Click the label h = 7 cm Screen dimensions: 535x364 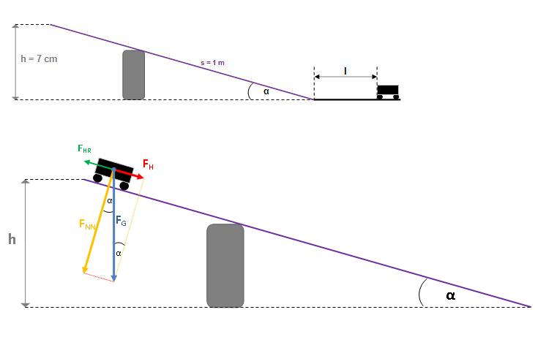[x=39, y=59]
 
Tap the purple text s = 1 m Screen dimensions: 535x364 [x=212, y=63]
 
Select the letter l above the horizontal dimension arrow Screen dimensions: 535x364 [x=345, y=71]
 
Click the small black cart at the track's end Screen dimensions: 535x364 [x=388, y=92]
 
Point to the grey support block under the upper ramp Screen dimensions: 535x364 [x=133, y=75]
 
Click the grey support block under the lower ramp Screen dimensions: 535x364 [x=225, y=265]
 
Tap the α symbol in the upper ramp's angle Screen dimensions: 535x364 [x=266, y=91]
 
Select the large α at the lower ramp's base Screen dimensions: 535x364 [x=450, y=295]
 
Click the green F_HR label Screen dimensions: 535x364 [x=84, y=148]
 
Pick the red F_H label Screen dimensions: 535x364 [x=148, y=164]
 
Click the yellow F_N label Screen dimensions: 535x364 [x=87, y=224]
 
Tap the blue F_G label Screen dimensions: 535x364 [x=121, y=221]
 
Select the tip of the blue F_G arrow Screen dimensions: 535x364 [x=114, y=281]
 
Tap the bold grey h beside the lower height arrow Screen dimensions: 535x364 [x=12, y=239]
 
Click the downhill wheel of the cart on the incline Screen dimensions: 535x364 [x=124, y=186]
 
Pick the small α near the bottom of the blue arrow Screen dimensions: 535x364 [x=119, y=254]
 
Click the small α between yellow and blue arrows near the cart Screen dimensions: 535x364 [x=110, y=201]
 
